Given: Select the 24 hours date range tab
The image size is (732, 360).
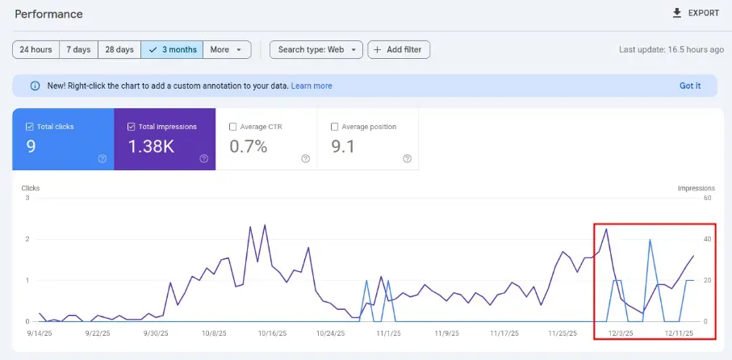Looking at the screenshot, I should click(x=36, y=49).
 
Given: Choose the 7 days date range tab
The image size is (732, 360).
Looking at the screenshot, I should click(x=78, y=49).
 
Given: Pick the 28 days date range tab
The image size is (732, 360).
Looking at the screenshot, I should click(x=119, y=49).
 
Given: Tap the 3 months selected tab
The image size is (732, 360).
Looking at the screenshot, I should click(x=172, y=49).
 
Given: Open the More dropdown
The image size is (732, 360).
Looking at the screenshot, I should click(x=227, y=49).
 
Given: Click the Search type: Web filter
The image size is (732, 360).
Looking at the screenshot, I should click(x=316, y=49).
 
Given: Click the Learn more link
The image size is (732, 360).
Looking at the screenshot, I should click(x=312, y=86).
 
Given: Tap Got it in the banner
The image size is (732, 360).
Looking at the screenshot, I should click(x=690, y=86).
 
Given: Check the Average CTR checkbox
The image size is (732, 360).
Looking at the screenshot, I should click(x=233, y=127).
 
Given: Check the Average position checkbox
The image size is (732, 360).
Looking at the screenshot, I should click(x=335, y=127).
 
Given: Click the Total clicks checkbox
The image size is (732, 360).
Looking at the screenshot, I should click(x=30, y=127).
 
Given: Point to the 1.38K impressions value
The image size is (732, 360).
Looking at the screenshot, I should click(x=152, y=147).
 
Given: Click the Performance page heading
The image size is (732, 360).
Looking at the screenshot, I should click(x=48, y=15).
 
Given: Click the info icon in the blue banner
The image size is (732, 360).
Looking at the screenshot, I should click(x=35, y=86).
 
